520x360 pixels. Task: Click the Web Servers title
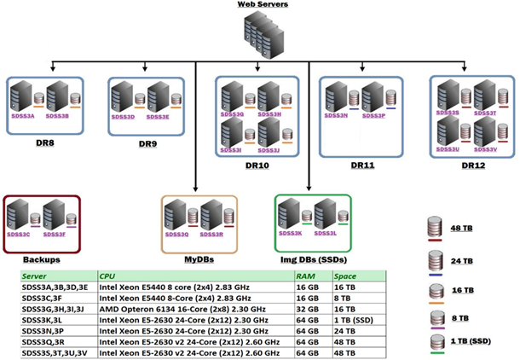click(x=262, y=5)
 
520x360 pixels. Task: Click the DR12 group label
click(x=475, y=165)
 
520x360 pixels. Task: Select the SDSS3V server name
click(x=486, y=149)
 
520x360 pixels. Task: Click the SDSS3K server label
click(x=294, y=233)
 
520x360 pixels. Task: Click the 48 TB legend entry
click(x=461, y=229)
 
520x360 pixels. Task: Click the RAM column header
click(x=305, y=276)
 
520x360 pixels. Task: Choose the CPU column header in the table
click(x=107, y=276)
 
